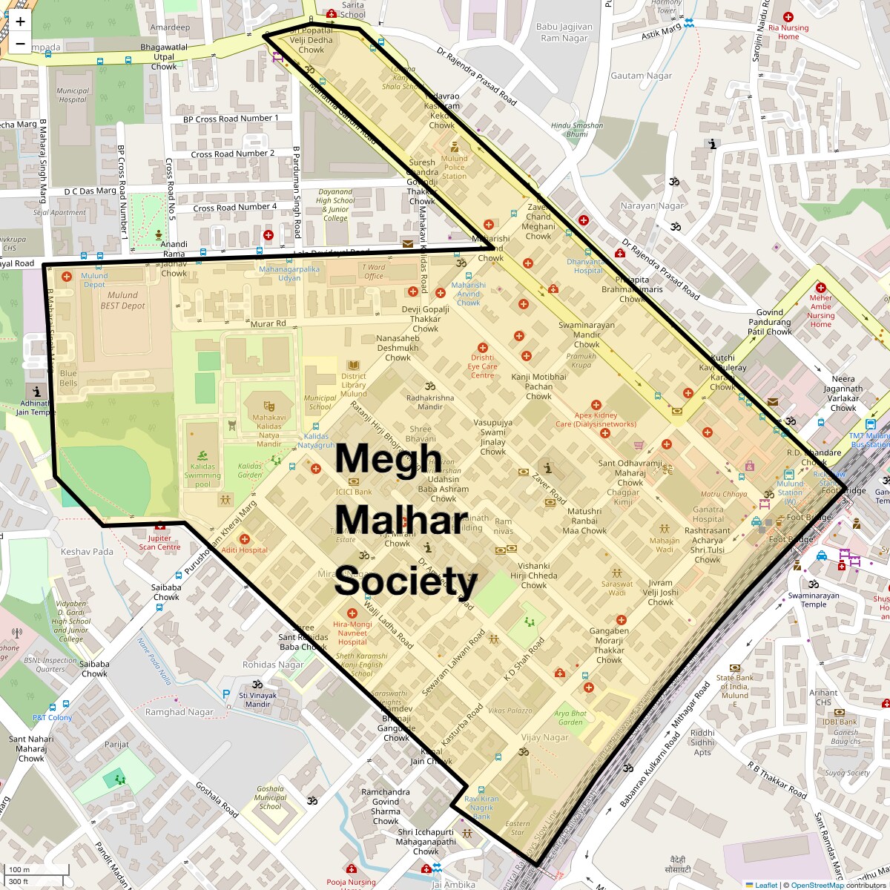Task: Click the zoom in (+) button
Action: (20, 22)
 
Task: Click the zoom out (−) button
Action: (20, 43)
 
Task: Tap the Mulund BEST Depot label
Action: (122, 300)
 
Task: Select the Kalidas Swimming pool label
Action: (202, 475)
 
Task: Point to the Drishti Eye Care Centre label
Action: (482, 366)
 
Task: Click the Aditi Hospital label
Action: (244, 550)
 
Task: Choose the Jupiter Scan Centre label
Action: (159, 542)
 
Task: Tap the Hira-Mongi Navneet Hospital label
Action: (352, 633)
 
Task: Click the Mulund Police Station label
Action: (454, 167)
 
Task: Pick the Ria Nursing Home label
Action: (788, 32)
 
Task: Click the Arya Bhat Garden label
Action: (570, 717)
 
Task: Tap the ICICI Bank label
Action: (354, 491)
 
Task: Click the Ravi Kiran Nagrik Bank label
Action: (481, 808)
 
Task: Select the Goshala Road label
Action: (217, 800)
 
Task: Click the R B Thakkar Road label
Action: (777, 780)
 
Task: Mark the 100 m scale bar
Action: (37, 869)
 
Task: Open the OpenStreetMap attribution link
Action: (817, 885)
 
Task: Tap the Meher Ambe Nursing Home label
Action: (820, 311)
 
